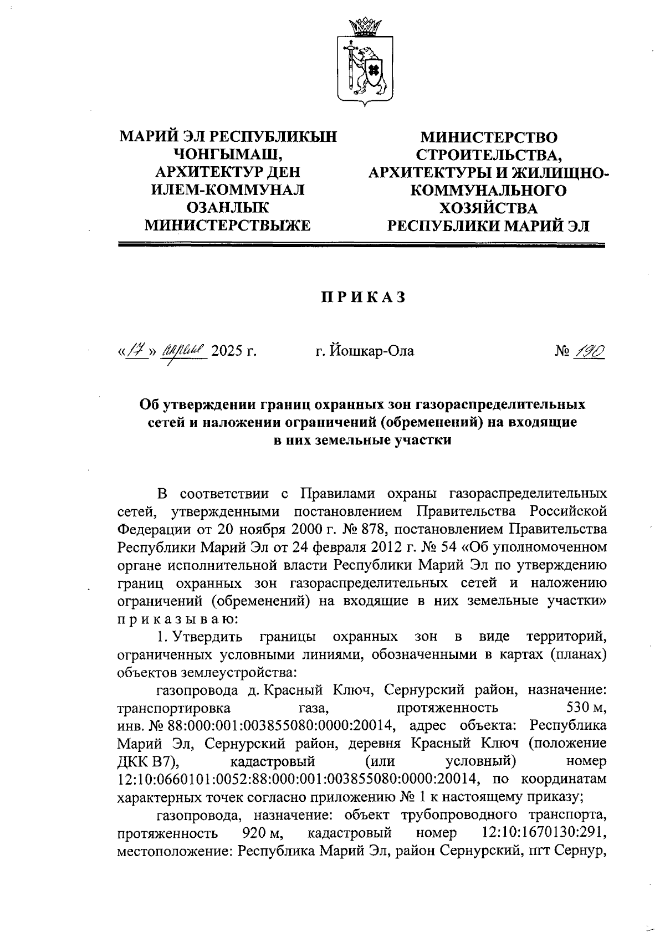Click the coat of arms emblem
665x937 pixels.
coord(365,64)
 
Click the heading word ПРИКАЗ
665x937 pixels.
coord(363,298)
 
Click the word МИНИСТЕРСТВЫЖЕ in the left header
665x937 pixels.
coord(227,225)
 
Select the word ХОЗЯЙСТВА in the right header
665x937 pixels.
coord(488,208)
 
